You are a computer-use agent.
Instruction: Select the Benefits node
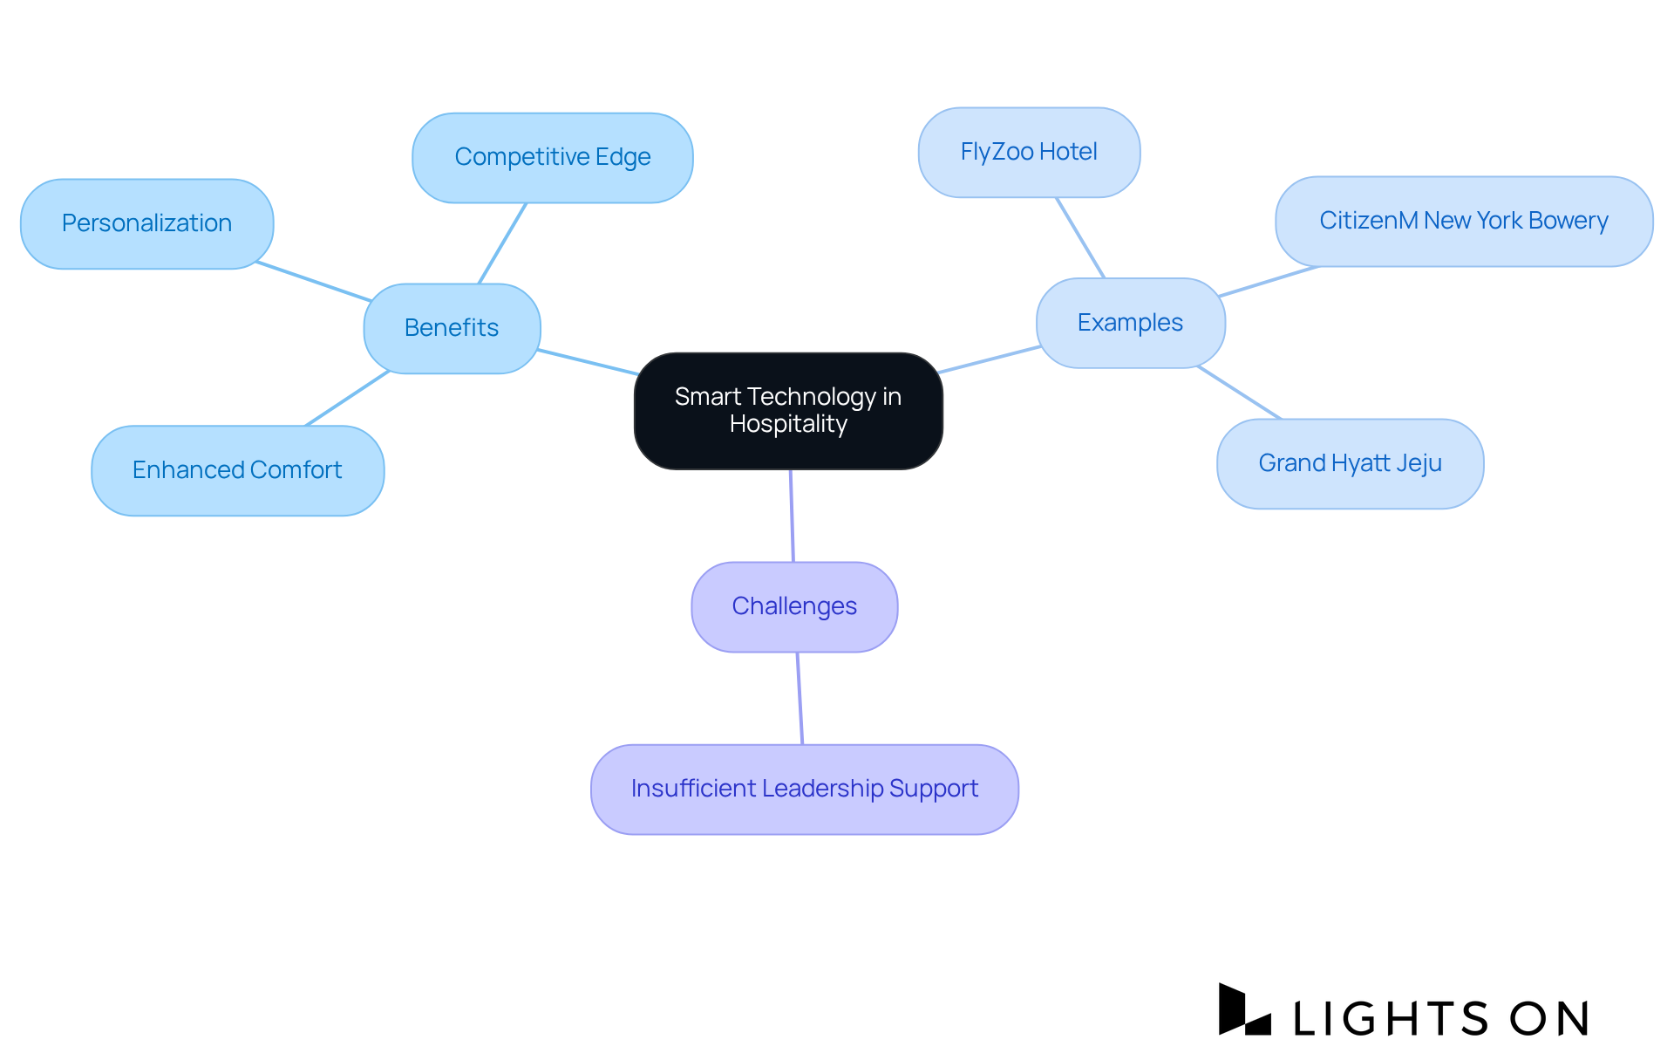(x=452, y=328)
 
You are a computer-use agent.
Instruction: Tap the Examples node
(x=1130, y=323)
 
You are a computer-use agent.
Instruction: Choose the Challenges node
(x=794, y=606)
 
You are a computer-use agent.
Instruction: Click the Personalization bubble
(x=146, y=223)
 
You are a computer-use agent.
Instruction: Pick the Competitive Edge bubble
(x=552, y=157)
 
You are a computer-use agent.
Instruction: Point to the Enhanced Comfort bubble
(x=237, y=470)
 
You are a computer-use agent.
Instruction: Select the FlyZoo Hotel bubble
(x=1029, y=152)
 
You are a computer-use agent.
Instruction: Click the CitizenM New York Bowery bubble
(x=1463, y=221)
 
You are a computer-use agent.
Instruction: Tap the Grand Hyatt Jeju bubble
(x=1350, y=463)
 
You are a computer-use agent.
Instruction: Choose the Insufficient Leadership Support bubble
(x=804, y=789)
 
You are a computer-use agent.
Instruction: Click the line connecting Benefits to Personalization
(x=314, y=281)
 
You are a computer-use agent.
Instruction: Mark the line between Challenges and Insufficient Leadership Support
(x=800, y=698)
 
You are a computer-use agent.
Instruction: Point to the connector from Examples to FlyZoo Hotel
(x=1080, y=237)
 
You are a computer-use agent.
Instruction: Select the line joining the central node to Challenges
(x=792, y=516)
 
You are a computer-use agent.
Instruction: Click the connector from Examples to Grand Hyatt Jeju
(x=1239, y=393)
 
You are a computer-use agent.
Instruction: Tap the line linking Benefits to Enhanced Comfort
(x=347, y=399)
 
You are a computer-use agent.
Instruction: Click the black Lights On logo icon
(x=1243, y=1010)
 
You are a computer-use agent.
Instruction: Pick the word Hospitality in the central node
(x=788, y=424)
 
